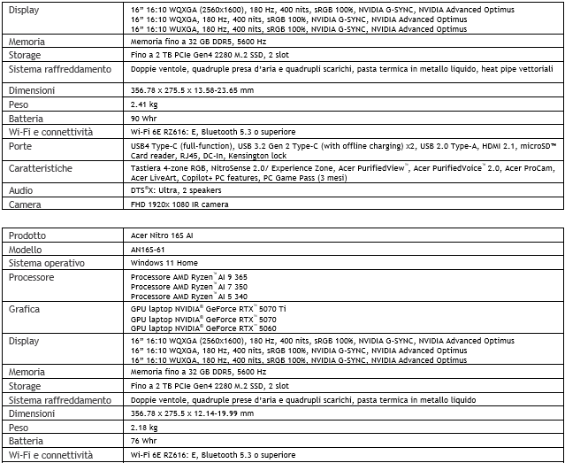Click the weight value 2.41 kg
[x=144, y=104]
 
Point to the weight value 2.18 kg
[x=144, y=427]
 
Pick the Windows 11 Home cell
[x=164, y=263]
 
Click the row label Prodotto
[x=28, y=235]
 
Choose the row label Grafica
[x=25, y=310]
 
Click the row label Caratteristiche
[x=41, y=168]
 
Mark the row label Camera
[x=25, y=204]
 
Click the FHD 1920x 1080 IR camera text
[x=179, y=204]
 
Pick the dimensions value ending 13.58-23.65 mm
[x=192, y=89]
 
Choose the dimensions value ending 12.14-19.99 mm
[x=192, y=413]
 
